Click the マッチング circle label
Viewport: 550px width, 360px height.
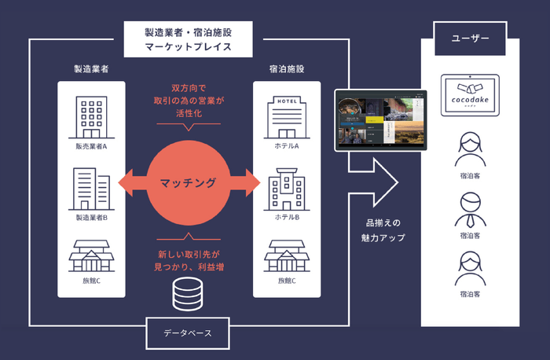point(188,183)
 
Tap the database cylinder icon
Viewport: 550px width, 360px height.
point(188,293)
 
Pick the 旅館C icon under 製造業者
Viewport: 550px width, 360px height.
point(91,255)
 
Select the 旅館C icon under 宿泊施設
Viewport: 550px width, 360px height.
point(286,255)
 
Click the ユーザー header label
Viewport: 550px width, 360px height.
point(470,39)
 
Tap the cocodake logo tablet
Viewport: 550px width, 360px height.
point(470,97)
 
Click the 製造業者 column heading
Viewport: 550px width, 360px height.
point(90,69)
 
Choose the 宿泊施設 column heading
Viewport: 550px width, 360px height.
point(286,69)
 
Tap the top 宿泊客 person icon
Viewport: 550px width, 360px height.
point(470,147)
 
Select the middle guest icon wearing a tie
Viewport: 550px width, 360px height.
point(470,208)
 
